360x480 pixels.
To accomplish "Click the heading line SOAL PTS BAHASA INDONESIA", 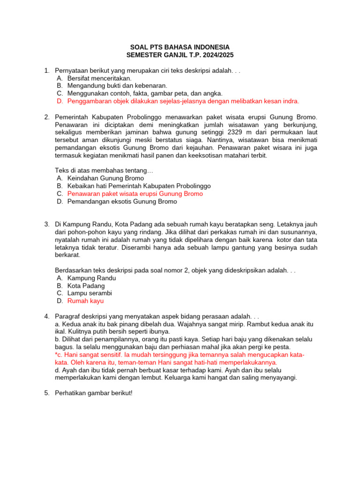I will (x=180, y=47).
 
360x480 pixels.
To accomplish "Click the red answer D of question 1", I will (x=183, y=101).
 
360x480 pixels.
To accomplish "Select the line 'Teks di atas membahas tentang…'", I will (x=105, y=171).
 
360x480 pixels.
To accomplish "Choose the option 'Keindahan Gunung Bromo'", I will (x=105, y=178).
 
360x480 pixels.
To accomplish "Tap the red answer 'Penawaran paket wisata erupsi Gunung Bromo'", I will (x=135, y=194).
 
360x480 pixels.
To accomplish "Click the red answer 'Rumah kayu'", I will (x=85, y=301).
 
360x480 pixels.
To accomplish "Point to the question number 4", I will (x=47, y=316).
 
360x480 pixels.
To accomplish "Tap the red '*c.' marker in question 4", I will (x=59, y=355).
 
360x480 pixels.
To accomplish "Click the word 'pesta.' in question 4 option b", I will (x=281, y=347).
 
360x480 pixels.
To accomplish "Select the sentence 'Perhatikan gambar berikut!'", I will (x=94, y=393).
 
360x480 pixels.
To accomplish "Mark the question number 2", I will (x=47, y=117).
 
